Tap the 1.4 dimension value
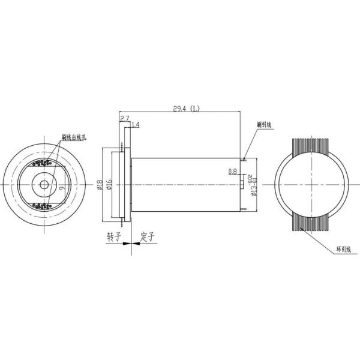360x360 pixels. pyautogui.click(x=135, y=125)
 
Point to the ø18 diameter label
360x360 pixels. pyautogui.click(x=100, y=184)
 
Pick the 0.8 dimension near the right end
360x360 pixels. pyautogui.click(x=233, y=172)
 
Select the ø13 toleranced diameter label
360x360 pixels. pyautogui.click(x=254, y=184)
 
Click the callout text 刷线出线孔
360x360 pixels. pyautogui.click(x=75, y=137)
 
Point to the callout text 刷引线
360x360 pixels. pyautogui.click(x=264, y=125)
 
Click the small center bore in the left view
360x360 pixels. pyautogui.click(x=44, y=184)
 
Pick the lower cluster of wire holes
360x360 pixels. pyautogui.click(x=44, y=206)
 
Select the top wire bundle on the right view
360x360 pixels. pyautogui.click(x=310, y=149)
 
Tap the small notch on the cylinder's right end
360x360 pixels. pyautogui.click(x=243, y=184)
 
